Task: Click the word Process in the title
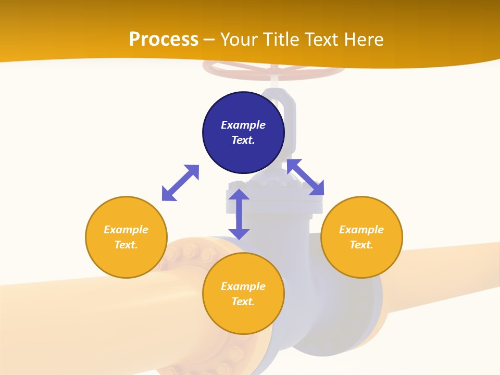click(164, 40)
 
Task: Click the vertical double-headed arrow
click(239, 214)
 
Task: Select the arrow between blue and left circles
click(180, 183)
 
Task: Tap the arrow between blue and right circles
click(305, 177)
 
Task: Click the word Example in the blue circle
click(243, 125)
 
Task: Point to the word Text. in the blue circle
click(243, 140)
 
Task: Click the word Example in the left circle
click(126, 230)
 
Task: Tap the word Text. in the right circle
click(361, 245)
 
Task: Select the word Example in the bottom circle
click(243, 286)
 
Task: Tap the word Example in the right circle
click(361, 230)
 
